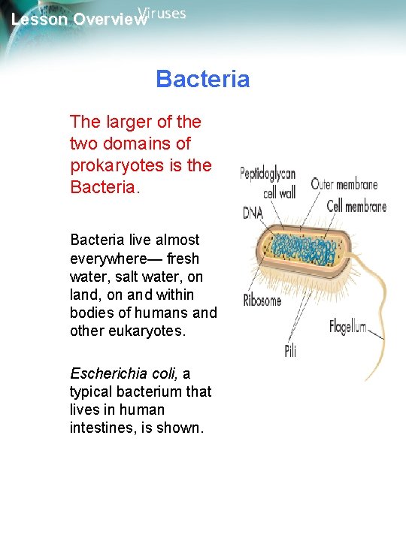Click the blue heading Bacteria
click(202, 79)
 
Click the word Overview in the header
click(110, 20)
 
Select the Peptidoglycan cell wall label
click(268, 183)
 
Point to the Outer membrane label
click(344, 184)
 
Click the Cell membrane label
click(356, 207)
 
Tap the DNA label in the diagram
click(253, 213)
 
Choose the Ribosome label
click(262, 301)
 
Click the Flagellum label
click(348, 326)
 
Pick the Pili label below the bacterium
click(290, 350)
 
